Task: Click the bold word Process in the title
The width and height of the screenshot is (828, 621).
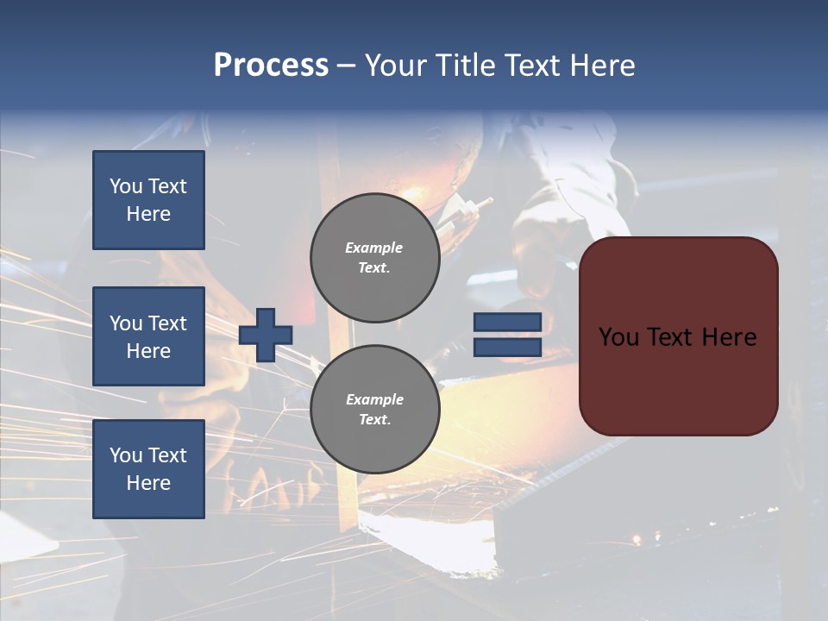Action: [x=271, y=66]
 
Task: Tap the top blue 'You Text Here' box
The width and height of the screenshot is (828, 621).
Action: [x=148, y=200]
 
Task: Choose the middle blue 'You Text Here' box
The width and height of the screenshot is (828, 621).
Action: [x=148, y=336]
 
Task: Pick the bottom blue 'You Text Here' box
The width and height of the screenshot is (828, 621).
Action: [x=148, y=468]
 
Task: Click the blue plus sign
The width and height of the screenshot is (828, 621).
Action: [x=266, y=335]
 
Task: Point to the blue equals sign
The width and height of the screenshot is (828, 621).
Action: [x=507, y=335]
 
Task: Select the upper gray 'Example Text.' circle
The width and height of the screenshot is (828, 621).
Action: [x=374, y=258]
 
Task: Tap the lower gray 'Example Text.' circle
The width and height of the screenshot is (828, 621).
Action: [x=374, y=409]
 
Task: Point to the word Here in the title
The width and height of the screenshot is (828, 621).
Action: [x=604, y=66]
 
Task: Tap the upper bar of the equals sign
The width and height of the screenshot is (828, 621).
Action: [x=507, y=323]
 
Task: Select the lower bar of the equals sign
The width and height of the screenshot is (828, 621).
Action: [x=507, y=347]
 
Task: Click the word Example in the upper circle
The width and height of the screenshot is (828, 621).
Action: [x=374, y=248]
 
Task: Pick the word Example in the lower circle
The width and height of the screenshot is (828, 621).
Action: [x=374, y=399]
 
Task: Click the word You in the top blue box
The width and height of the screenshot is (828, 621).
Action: [x=126, y=186]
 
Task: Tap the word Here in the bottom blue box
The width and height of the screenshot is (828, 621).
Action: [x=148, y=483]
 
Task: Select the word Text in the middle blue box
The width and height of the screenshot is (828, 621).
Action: [x=166, y=323]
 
